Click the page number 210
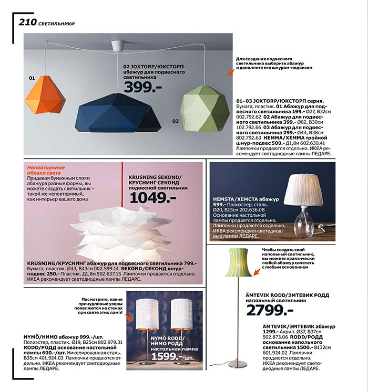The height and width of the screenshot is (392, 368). [x=27, y=22]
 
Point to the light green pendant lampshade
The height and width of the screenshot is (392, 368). [x=205, y=108]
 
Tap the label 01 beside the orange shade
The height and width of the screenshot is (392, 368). [x=32, y=78]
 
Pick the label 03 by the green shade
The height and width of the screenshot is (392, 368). [x=175, y=121]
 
